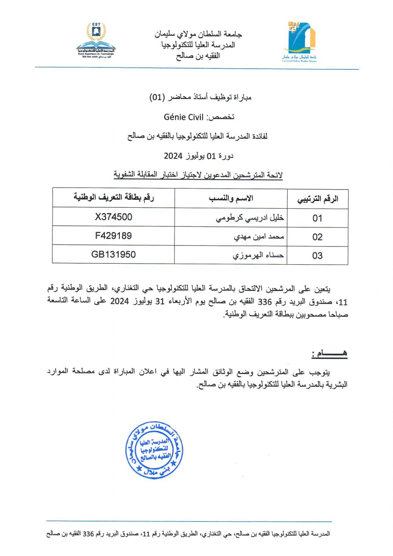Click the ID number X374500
click(x=114, y=217)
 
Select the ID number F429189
click(x=114, y=236)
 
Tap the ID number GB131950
click(x=114, y=255)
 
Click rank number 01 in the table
click(x=317, y=218)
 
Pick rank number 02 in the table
click(x=317, y=237)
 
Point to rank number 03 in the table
click(x=317, y=256)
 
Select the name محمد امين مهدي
click(x=259, y=237)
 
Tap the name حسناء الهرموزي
click(x=259, y=256)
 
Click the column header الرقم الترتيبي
click(x=317, y=199)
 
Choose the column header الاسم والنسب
click(x=232, y=198)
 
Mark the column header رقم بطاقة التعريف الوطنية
click(x=114, y=197)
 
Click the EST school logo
click(x=96, y=38)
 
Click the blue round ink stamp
click(x=154, y=450)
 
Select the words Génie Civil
click(x=185, y=117)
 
